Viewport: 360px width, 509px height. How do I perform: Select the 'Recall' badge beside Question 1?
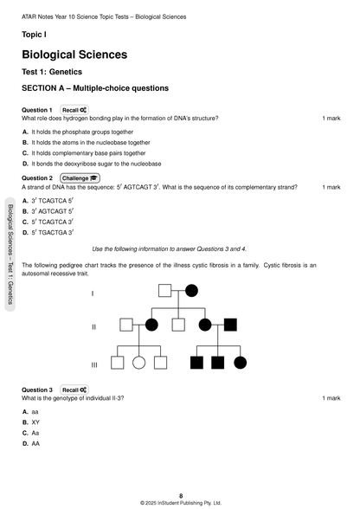74,110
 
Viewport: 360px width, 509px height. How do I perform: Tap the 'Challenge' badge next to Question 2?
80,177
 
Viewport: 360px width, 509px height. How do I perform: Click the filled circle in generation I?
191,290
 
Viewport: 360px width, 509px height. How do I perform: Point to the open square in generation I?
164,290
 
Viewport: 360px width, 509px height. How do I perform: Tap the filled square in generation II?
230,325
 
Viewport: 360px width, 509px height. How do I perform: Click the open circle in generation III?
138,362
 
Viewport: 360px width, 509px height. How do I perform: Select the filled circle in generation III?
240,362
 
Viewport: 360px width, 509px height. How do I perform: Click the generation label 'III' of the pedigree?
93,364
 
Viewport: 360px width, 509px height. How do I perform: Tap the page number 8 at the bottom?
180,495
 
